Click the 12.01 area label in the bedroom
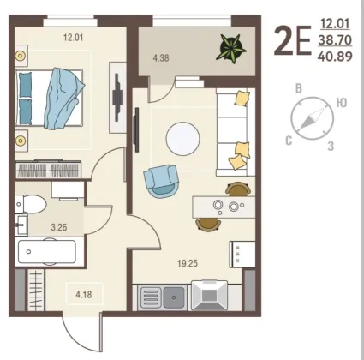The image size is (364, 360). coord(73,38)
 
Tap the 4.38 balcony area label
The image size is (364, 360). coord(161,58)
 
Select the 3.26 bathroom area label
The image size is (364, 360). coord(59,227)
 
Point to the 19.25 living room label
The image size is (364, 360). coord(188,263)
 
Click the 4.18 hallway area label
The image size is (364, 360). coord(84,294)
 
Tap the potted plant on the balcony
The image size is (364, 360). coord(231,48)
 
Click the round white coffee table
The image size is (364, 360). coord(182,139)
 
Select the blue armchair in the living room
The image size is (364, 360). coord(161,182)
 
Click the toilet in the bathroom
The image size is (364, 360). coord(30,204)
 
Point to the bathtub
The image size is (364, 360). coord(47,251)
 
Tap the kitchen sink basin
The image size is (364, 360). coord(174,297)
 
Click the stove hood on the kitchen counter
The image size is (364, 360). coord(210,296)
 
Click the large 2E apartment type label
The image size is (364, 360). coord(292,41)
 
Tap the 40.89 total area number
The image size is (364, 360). coord(335,57)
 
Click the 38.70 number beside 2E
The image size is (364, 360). coord(335,40)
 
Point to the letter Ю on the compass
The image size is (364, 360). coord(342,103)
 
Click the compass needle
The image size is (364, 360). coord(313,117)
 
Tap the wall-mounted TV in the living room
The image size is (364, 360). coord(137,129)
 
